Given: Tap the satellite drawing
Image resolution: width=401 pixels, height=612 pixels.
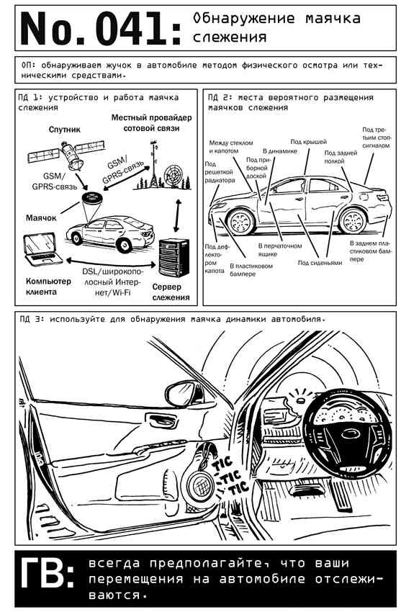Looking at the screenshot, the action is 67,154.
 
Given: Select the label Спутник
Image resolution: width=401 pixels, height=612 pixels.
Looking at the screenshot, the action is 65,129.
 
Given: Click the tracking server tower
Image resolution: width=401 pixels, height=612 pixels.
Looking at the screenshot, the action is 174,258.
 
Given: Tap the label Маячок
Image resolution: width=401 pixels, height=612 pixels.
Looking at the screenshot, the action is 41,217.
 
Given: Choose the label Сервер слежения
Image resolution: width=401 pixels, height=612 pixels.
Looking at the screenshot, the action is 171,292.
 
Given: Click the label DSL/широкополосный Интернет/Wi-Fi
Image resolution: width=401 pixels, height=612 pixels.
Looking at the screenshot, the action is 112,282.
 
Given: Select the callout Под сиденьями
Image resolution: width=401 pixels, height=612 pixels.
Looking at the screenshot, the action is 320,263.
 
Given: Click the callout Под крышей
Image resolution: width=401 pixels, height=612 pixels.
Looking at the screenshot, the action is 309,142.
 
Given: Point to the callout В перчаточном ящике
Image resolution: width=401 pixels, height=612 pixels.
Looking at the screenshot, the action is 280,250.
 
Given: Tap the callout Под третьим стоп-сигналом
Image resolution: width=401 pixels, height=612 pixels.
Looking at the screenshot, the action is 376,138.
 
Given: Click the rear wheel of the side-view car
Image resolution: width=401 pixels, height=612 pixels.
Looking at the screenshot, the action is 353,220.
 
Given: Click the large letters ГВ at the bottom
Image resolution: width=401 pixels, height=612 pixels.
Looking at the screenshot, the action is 47,573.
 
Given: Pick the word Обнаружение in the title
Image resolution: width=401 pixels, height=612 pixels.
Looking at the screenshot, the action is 245,18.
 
